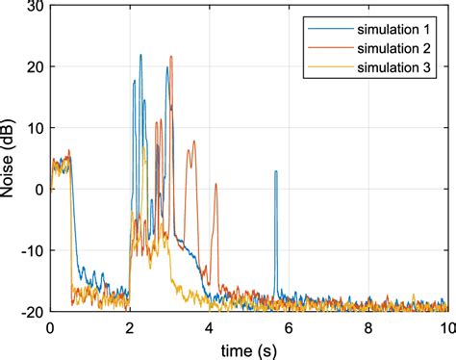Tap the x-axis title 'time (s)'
point(248,347)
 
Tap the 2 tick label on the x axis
point(130,326)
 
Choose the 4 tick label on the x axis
point(209,326)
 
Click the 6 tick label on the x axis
point(289,326)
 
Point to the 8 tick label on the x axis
point(367,326)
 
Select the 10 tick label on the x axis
point(444,326)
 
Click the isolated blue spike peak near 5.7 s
point(276,171)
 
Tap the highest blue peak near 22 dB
point(140,55)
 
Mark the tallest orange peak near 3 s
point(171,57)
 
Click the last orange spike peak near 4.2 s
point(215,184)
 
